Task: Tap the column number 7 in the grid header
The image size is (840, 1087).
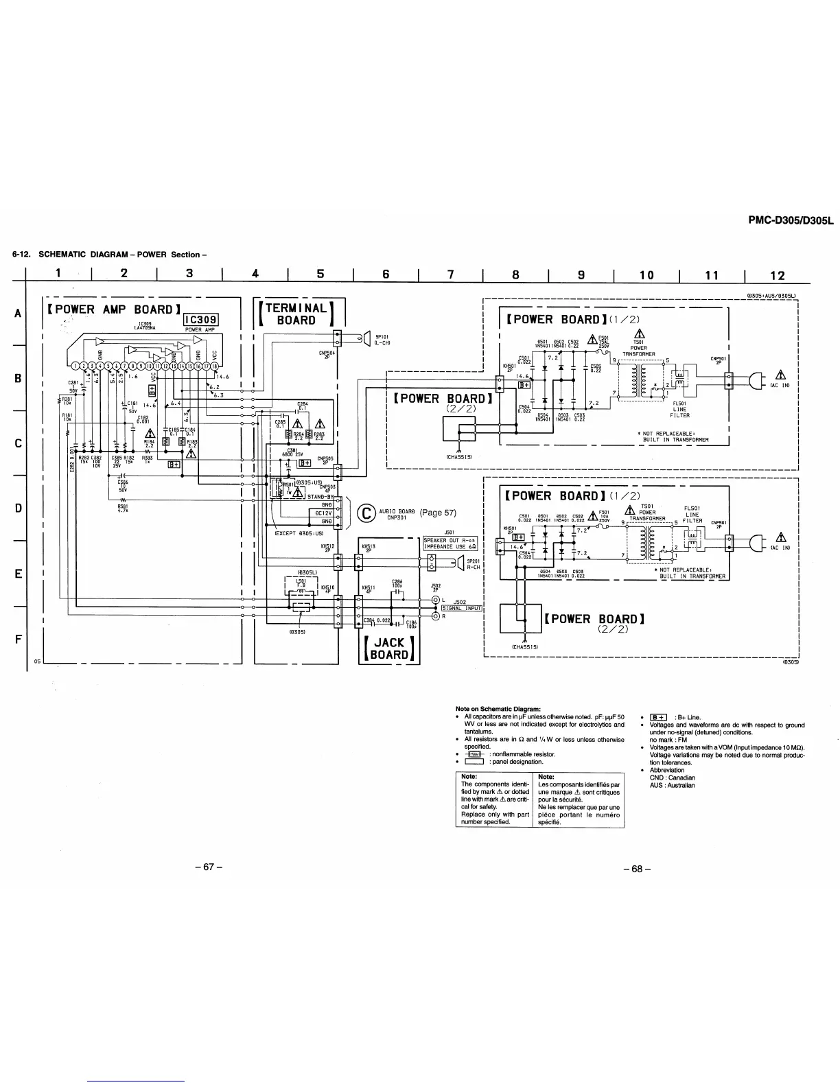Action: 451,274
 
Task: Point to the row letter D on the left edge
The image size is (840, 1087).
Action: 18,508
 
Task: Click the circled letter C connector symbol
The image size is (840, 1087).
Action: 368,513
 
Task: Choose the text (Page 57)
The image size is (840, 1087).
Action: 438,513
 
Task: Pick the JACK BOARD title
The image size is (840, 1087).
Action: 389,648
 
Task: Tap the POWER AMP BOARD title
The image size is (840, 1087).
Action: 114,309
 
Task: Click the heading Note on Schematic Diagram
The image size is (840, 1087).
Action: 498,709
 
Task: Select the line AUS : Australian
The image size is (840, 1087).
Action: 672,785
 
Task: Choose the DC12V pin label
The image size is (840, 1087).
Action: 323,513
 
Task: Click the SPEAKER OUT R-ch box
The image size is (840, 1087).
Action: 450,540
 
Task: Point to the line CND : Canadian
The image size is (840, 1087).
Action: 672,778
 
